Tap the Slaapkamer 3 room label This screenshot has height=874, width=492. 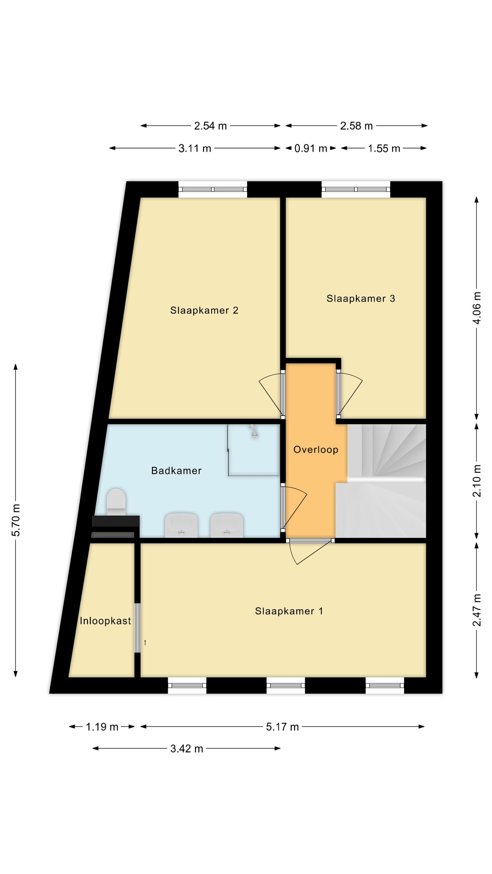pyautogui.click(x=361, y=298)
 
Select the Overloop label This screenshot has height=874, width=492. pyautogui.click(x=316, y=450)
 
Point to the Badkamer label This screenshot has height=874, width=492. pyautogui.click(x=176, y=471)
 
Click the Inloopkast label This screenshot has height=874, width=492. pyautogui.click(x=105, y=621)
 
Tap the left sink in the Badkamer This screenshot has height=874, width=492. pyautogui.click(x=181, y=525)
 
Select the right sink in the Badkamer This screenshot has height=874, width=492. pyautogui.click(x=227, y=525)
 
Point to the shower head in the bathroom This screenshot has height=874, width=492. pyautogui.click(x=253, y=431)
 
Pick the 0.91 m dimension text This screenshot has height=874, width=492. pyautogui.click(x=310, y=148)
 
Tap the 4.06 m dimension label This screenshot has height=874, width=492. pyautogui.click(x=477, y=308)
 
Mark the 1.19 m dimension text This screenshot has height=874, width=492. pyautogui.click(x=102, y=727)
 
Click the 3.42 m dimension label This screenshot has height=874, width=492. pyautogui.click(x=187, y=748)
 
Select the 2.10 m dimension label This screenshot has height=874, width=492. pyautogui.click(x=477, y=481)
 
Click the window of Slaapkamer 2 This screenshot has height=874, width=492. pyautogui.click(x=213, y=189)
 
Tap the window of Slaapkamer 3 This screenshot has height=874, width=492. pyautogui.click(x=356, y=189)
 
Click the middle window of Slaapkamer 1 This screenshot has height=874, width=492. pyautogui.click(x=286, y=685)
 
